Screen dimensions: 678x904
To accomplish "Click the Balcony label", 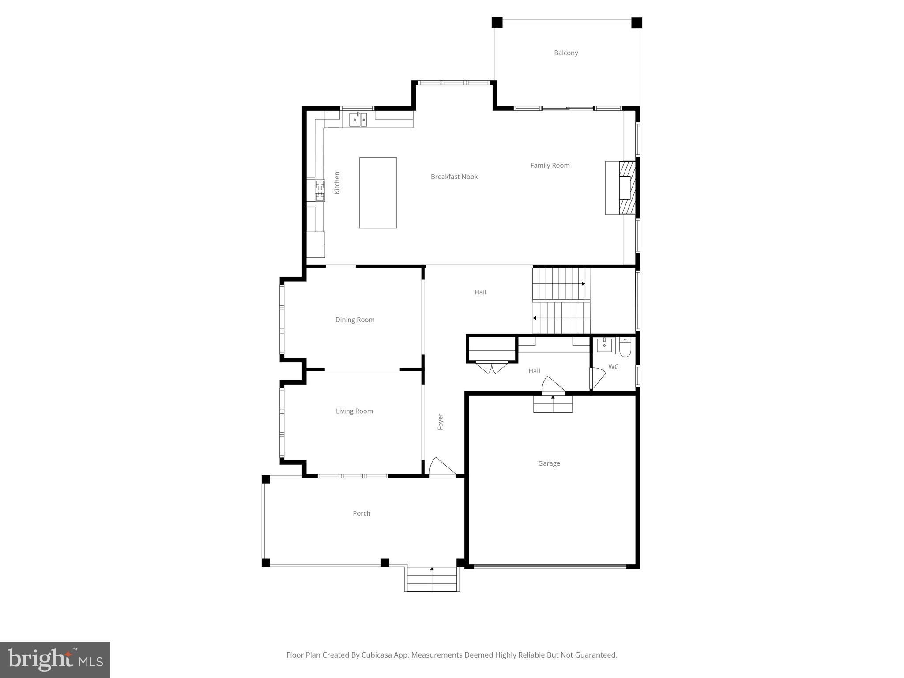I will tap(566, 53).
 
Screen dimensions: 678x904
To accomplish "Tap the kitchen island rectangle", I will tap(378, 192).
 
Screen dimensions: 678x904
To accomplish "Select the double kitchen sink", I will tap(358, 119).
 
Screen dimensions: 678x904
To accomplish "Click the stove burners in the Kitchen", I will tap(320, 190).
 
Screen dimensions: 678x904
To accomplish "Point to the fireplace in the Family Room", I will tap(626, 188).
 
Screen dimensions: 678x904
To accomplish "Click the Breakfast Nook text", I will tap(454, 177).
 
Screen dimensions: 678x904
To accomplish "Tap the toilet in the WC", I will tap(625, 347).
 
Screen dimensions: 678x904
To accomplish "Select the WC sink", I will tap(604, 345).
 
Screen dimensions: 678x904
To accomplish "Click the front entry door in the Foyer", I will tap(441, 467).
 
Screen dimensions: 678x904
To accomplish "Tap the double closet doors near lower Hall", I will tap(491, 367).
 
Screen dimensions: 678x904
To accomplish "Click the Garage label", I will tap(549, 463).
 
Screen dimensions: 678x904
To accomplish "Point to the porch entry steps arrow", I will tap(432, 569).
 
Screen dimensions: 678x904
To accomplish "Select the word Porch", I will tap(362, 513).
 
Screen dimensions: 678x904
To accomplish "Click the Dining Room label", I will tap(355, 320).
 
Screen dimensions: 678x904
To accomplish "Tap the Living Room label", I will tap(354, 411).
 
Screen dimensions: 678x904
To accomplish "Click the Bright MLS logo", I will tap(55, 659).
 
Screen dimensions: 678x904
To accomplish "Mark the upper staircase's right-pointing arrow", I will tap(583, 283).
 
